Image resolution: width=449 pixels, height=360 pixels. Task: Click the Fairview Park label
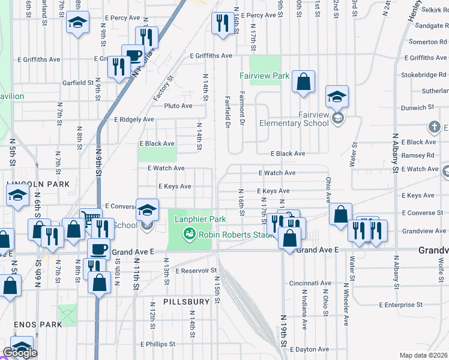pyautogui.click(x=264, y=76)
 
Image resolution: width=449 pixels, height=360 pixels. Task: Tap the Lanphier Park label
pyautogui.click(x=200, y=219)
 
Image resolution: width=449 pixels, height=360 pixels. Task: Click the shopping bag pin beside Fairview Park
pyautogui.click(x=304, y=83)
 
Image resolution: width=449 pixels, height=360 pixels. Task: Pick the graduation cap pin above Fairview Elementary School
pyautogui.click(x=337, y=96)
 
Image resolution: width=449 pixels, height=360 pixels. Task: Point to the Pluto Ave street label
pyautogui.click(x=178, y=106)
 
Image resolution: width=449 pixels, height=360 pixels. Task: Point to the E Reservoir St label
pyautogui.click(x=196, y=271)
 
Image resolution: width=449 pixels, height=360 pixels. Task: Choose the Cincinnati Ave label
pyautogui.click(x=310, y=283)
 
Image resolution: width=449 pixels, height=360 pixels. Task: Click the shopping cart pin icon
pyautogui.click(x=91, y=218)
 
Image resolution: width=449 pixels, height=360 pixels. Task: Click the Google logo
pyautogui.click(x=20, y=353)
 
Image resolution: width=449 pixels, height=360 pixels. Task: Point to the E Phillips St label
pyautogui.click(x=158, y=344)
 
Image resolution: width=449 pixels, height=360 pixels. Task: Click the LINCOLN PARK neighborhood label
pyautogui.click(x=38, y=184)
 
